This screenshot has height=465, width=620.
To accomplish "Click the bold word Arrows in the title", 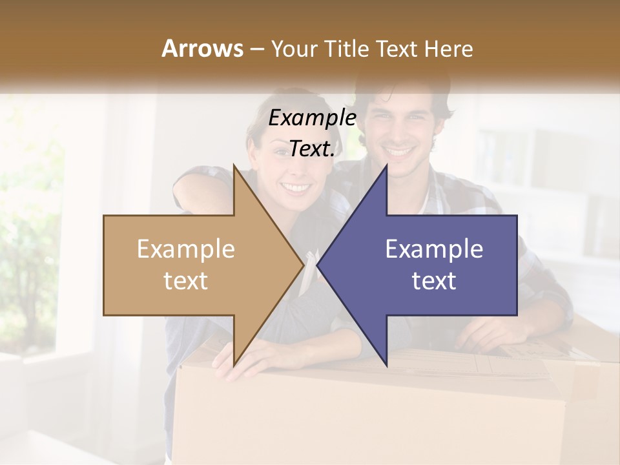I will coord(203,48).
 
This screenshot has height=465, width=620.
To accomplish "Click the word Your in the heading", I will coord(294,49).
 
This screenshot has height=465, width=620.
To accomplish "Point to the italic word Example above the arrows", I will coord(313,118).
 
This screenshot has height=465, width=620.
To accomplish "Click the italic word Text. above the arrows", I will coord(313,149).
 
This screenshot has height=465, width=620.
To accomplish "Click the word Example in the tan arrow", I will coord(186,249).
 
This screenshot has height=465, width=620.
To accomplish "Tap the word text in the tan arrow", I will coord(186,281).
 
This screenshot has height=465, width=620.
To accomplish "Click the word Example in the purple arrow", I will coord(434,249).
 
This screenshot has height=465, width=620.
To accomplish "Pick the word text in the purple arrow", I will coord(434,281).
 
